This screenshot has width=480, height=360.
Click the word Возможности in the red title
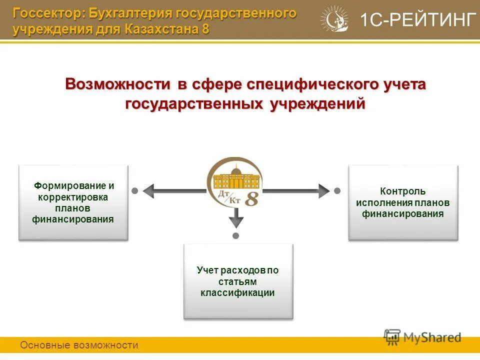118,84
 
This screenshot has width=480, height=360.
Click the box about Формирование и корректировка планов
73,202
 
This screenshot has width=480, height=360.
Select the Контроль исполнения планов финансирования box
403,202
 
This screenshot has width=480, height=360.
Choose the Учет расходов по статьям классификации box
238,281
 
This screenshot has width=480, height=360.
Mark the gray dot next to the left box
134,190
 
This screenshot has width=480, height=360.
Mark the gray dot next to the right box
337,190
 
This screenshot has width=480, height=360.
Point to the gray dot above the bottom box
236,235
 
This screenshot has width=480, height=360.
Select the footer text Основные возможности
79,345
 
